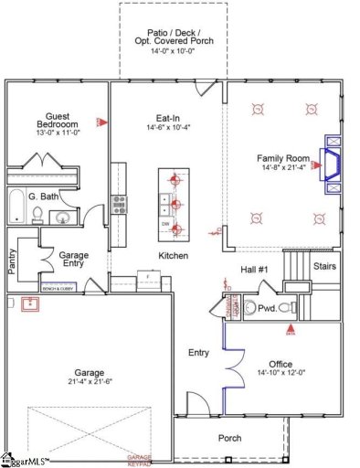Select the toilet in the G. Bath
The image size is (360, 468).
pyautogui.click(x=37, y=215)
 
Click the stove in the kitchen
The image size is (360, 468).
pyautogui.click(x=119, y=204)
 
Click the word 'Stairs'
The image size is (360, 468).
pyautogui.click(x=324, y=266)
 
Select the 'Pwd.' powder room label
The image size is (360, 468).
pyautogui.click(x=265, y=309)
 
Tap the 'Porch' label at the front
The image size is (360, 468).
pyautogui.click(x=230, y=439)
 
